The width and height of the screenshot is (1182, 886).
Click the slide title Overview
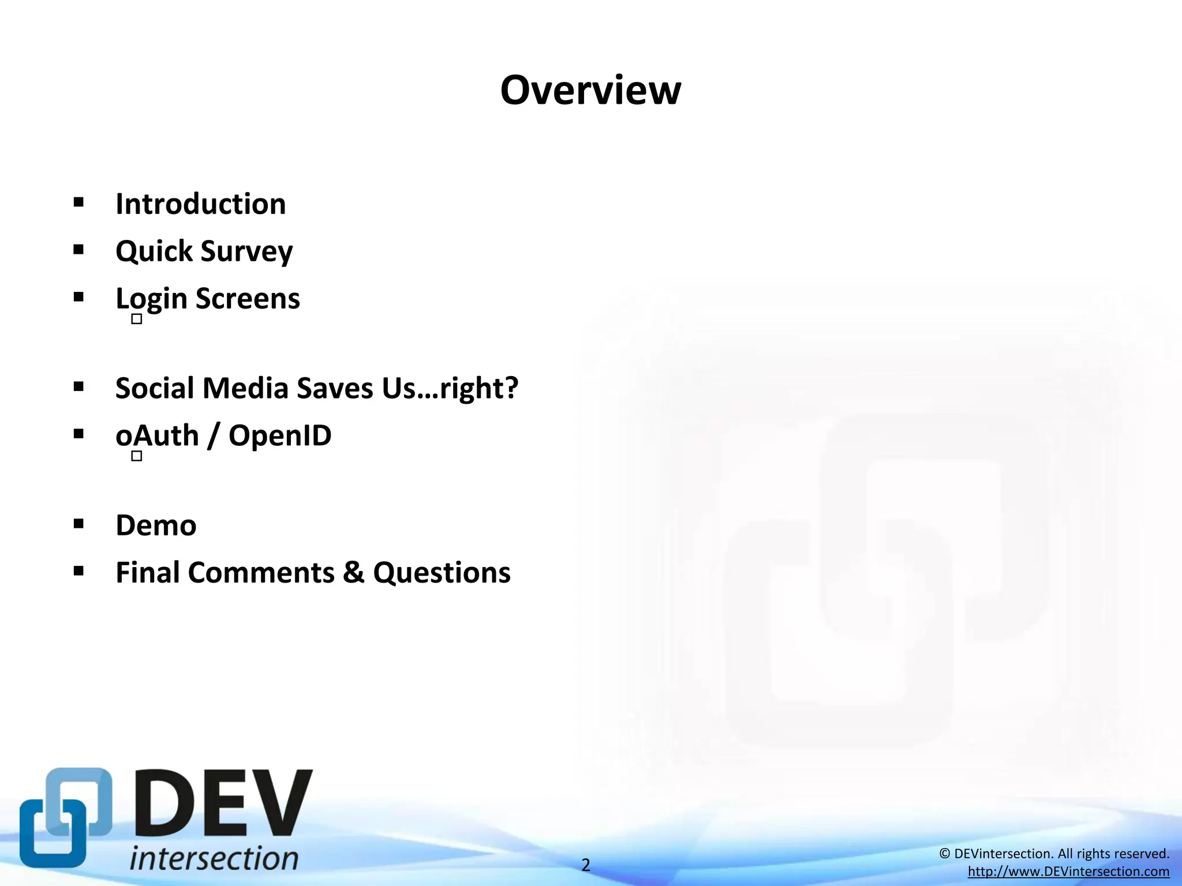point(590,91)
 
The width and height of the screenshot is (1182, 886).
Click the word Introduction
point(200,204)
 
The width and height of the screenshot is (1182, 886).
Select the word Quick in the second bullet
point(154,251)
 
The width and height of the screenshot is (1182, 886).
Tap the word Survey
point(246,252)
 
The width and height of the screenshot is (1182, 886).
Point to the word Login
point(151,299)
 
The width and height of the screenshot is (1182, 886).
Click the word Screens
point(248,299)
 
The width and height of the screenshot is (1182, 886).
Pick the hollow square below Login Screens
point(137,319)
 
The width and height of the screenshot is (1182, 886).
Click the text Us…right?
point(450,388)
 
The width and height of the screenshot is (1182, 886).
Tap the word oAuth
point(157,436)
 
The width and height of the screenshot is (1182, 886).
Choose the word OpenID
point(280,436)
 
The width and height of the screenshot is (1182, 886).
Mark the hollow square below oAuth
point(137,456)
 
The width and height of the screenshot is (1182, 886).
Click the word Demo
point(156,525)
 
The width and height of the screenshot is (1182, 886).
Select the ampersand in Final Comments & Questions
point(354,573)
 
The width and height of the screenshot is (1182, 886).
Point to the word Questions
point(442,573)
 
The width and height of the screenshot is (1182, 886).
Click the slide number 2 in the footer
point(586,865)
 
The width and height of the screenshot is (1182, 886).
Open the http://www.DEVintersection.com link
point(1068,872)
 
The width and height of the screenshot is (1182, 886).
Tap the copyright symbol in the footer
point(945,854)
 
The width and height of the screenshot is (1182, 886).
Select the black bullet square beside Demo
point(79,524)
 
